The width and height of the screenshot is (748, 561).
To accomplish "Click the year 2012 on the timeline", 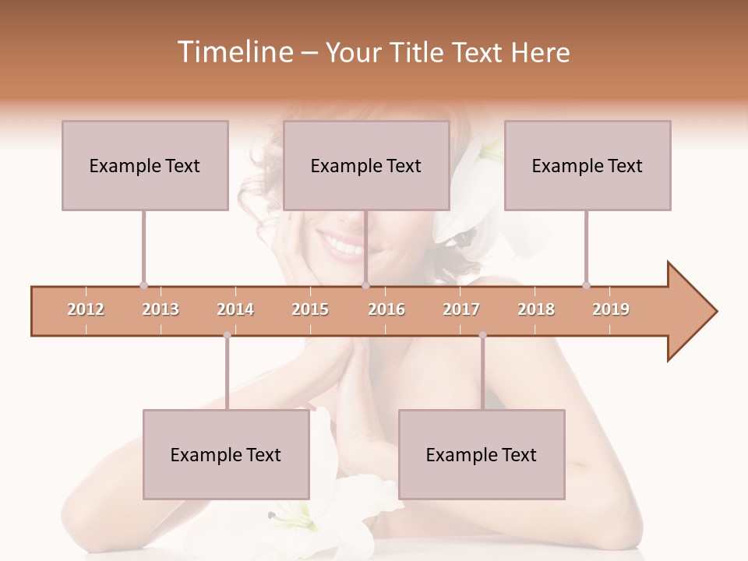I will coord(86,309).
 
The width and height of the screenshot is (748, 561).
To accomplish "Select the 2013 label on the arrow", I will coord(161,309).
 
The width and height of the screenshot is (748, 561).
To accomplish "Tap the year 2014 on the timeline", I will coord(235,309).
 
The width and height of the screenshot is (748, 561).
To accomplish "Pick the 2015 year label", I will coord(310,309).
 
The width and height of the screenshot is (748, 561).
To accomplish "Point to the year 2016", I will coord(386,309).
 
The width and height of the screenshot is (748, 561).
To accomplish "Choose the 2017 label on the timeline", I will coord(461,309).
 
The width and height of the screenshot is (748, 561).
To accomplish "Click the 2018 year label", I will coord(536,309).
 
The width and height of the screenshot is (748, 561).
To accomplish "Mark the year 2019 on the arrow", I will coord(611,309).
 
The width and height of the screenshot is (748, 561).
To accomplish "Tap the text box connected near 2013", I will coord(145,165).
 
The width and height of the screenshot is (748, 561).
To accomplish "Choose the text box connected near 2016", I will coord(366,165).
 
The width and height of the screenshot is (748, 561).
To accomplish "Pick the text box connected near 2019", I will coord(587,165).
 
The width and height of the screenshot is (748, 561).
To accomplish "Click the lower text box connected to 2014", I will coord(226,454).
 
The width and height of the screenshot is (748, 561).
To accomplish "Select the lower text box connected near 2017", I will coord(482,454).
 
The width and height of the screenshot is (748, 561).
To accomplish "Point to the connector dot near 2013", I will coord(143,285).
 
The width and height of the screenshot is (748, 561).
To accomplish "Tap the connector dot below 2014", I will coord(227,335).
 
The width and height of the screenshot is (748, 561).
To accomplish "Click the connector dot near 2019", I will coord(586,285).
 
